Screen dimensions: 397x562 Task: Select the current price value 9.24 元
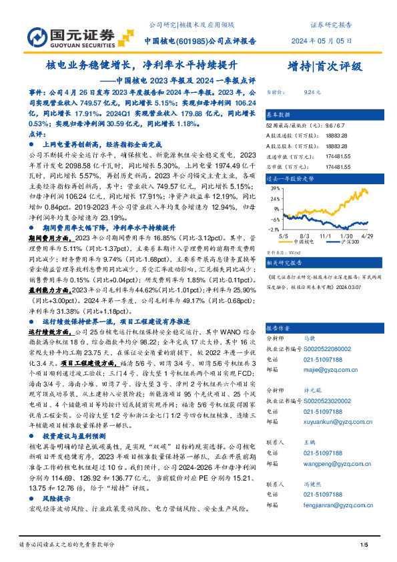[312, 93]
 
